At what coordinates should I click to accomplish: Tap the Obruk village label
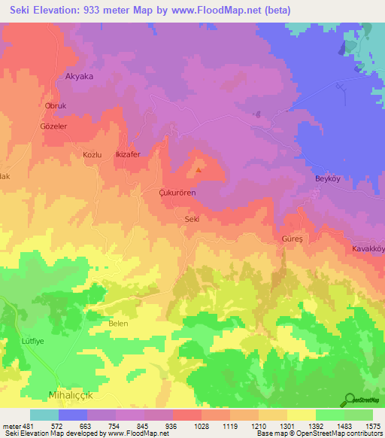coord(57,106)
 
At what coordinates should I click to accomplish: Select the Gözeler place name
coord(53,126)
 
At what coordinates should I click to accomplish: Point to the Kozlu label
coord(92,154)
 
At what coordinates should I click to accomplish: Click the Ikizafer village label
coord(127,154)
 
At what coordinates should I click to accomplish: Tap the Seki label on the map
coord(192,219)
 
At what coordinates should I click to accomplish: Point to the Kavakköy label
coord(368,248)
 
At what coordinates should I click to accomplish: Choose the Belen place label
coord(119,324)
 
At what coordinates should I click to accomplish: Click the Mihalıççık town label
coord(74,394)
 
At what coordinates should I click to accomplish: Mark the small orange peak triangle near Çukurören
coord(199,169)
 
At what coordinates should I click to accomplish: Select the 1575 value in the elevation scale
coord(372,426)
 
